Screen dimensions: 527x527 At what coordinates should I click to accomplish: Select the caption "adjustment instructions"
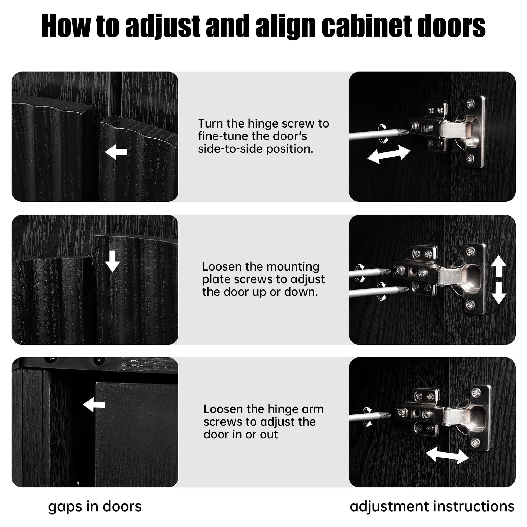[432, 506]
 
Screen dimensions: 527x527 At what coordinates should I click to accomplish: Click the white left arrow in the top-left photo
[116, 152]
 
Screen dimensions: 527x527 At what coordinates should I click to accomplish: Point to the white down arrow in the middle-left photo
[112, 261]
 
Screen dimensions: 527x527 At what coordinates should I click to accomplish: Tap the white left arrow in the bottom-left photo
[93, 405]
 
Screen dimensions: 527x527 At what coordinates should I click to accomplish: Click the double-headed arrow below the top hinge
[389, 154]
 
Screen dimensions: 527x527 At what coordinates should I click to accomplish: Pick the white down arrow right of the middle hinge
[499, 294]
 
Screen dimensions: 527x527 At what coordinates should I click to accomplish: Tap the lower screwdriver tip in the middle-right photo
[406, 290]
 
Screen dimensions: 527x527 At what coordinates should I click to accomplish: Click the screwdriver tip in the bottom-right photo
[388, 415]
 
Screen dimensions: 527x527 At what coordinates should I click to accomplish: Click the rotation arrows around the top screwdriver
[382, 134]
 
